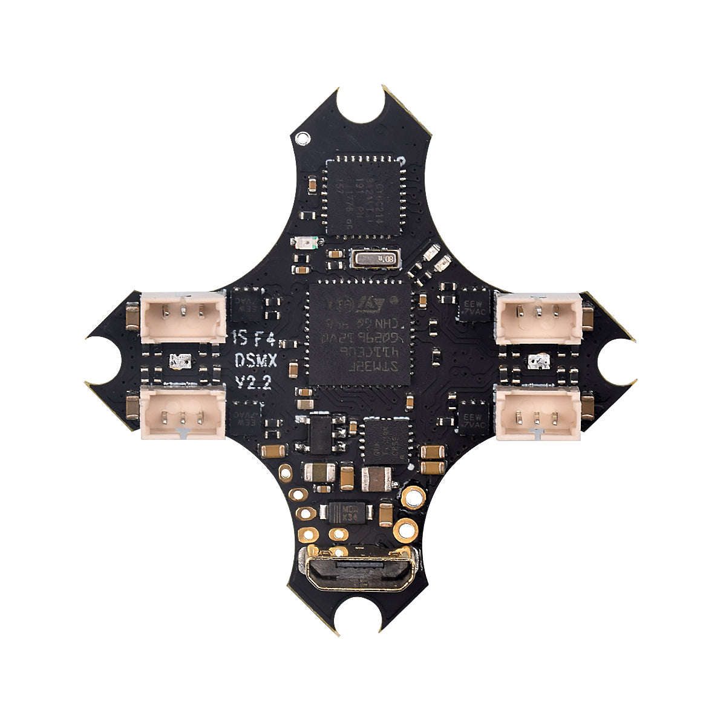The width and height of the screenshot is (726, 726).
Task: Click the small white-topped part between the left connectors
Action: click(180, 362)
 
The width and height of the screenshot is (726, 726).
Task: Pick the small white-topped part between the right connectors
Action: click(535, 362)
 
